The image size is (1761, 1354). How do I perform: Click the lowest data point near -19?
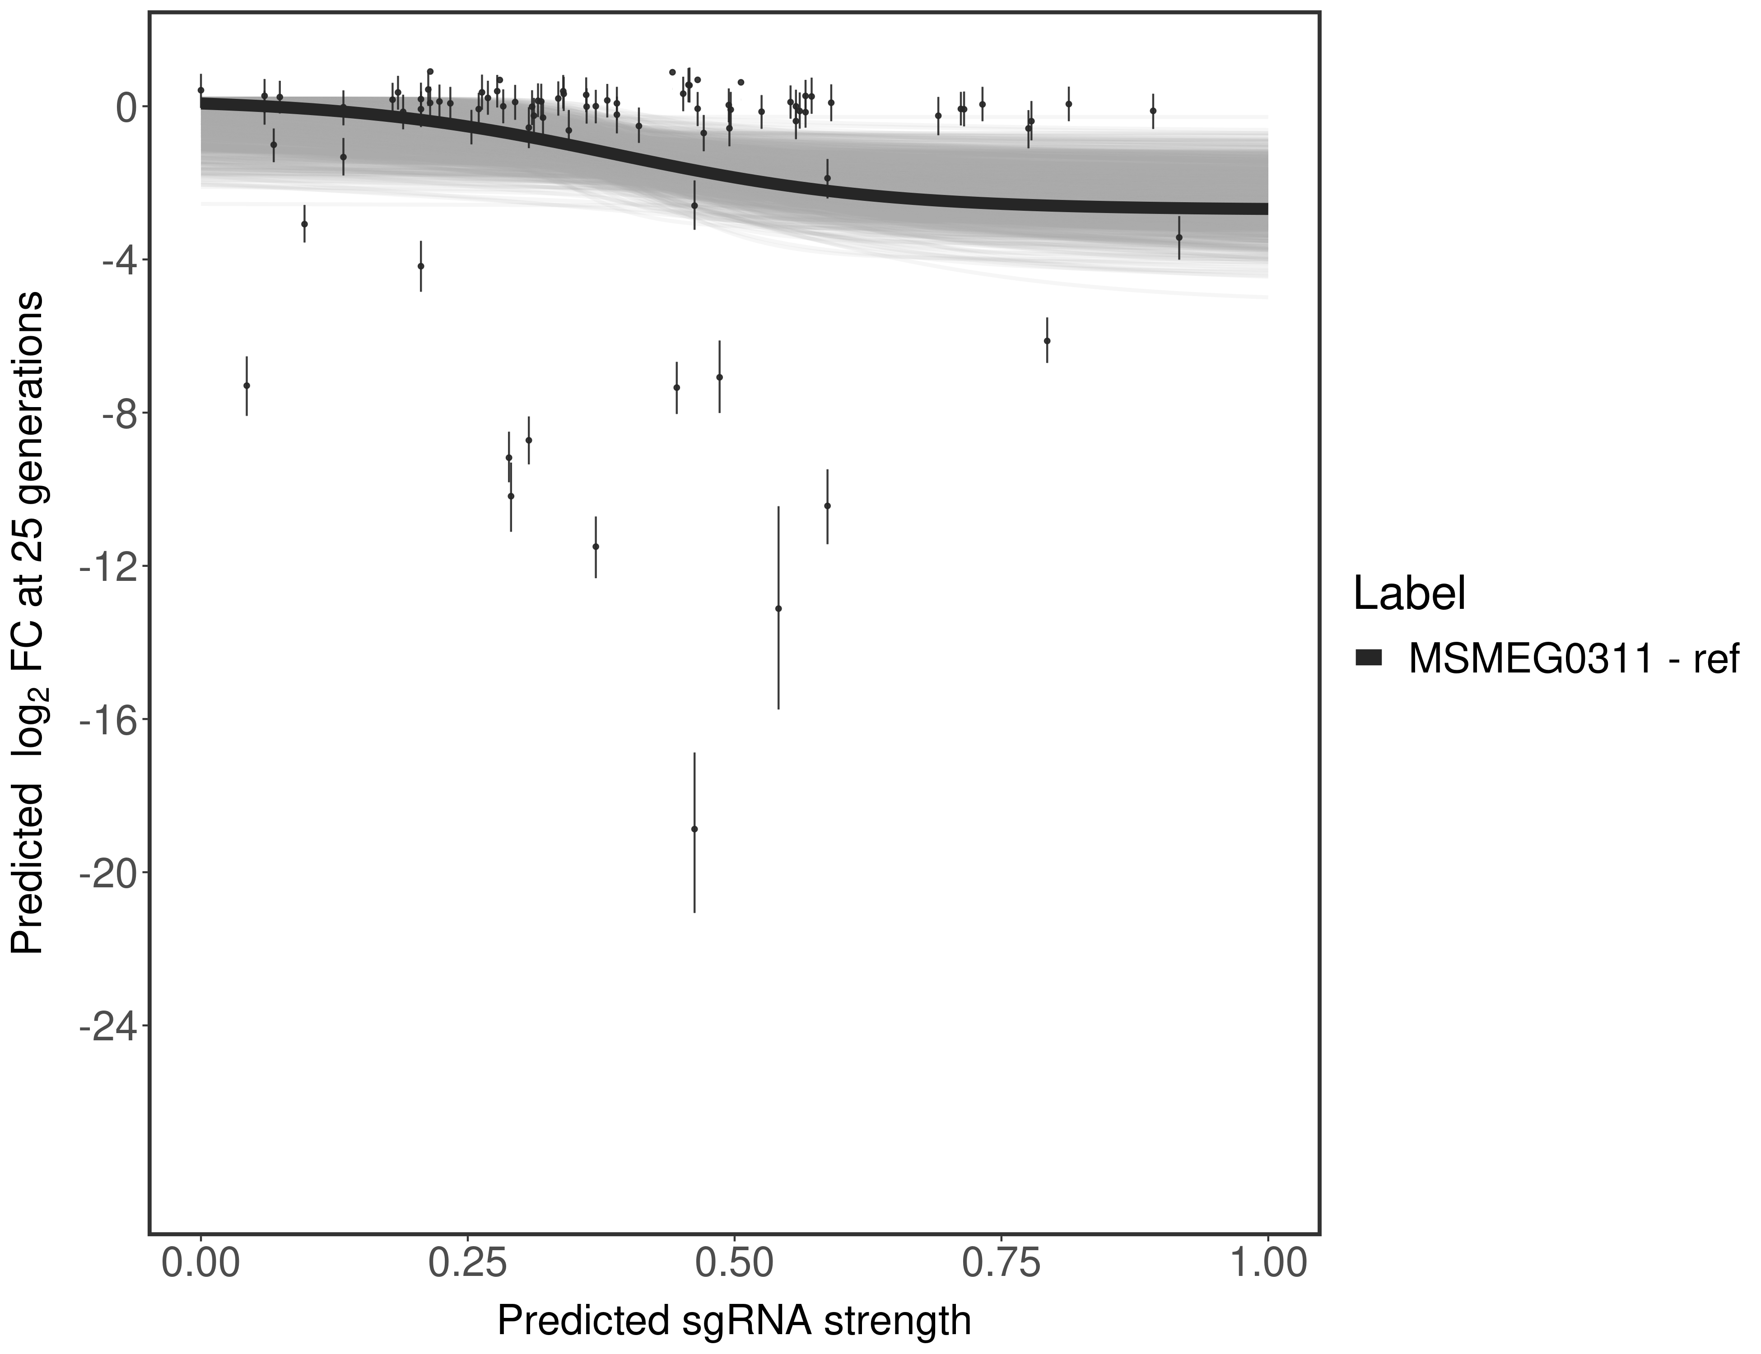pos(694,829)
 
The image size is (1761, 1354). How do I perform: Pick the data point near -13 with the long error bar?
pos(778,608)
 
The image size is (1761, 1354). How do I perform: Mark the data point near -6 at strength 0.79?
pos(1047,341)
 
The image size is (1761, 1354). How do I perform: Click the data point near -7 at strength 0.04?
pos(247,385)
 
